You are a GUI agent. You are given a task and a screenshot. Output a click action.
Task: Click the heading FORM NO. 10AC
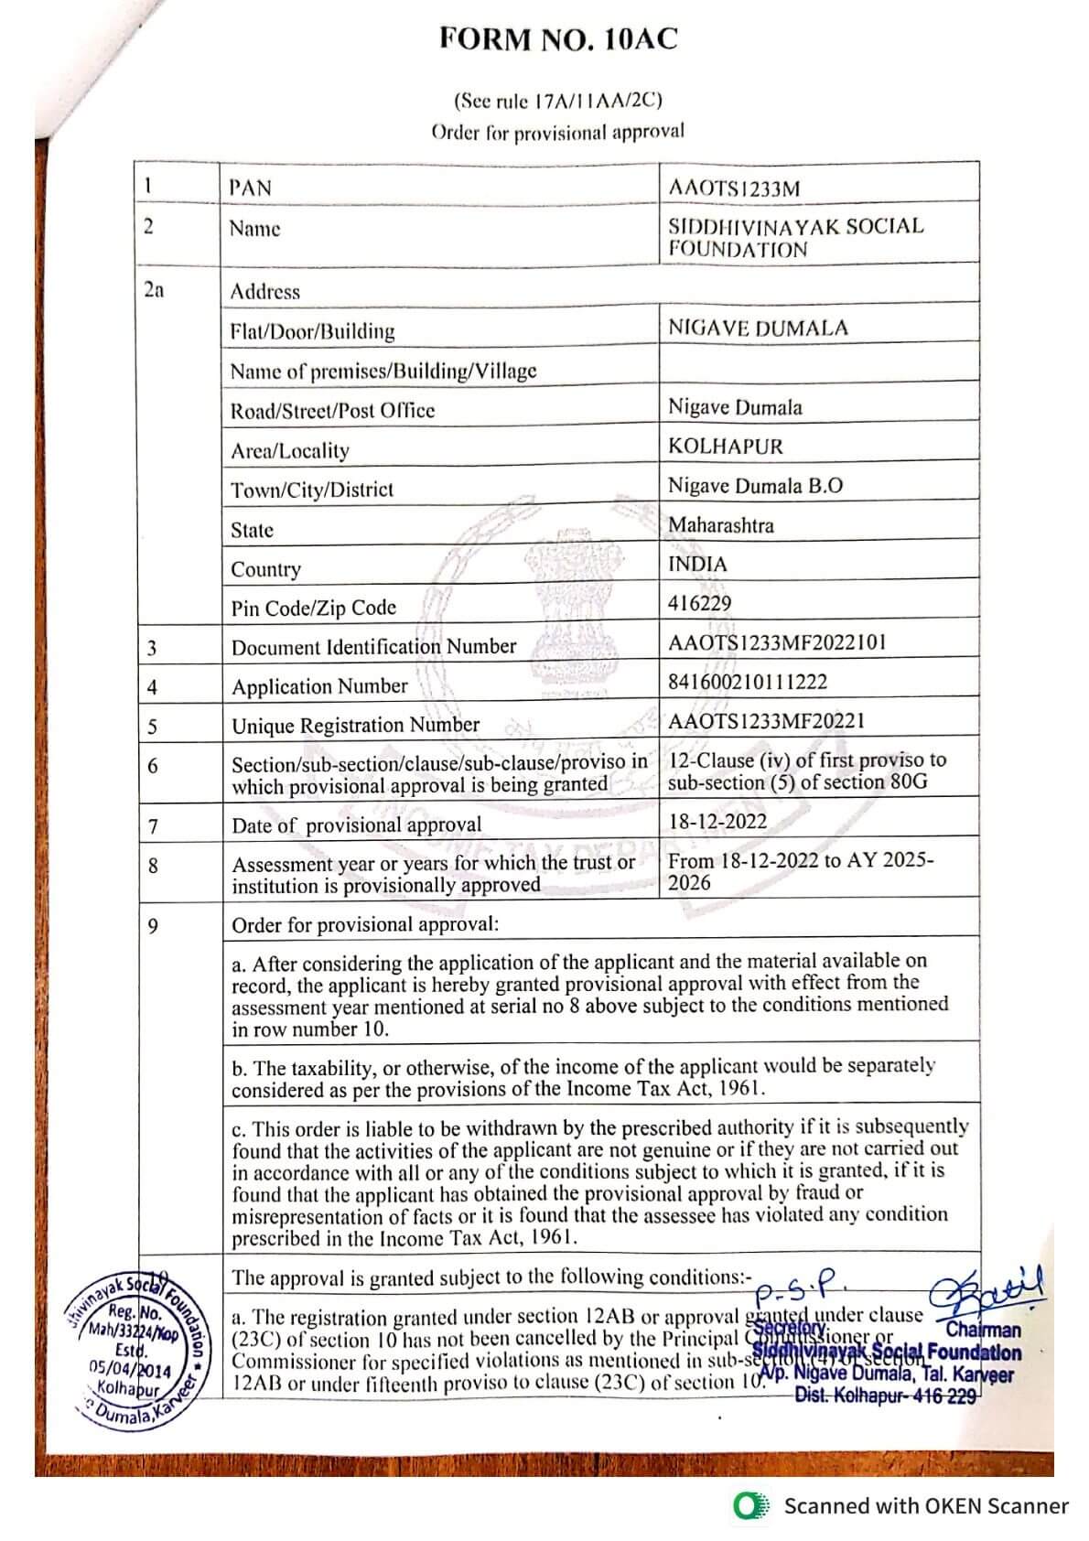pos(558,39)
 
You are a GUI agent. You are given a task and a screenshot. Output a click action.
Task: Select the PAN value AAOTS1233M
pos(734,189)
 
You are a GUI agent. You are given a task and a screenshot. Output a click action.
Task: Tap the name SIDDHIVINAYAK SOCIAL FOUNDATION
pos(795,237)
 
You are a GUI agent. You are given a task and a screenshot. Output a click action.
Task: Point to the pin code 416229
pos(699,603)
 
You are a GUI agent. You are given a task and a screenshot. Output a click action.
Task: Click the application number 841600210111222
pos(748,682)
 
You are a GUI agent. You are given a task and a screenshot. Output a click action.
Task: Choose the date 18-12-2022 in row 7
pos(717,821)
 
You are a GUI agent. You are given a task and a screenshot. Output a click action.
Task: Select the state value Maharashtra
pos(721,525)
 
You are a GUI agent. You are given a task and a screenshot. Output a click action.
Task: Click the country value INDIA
pos(697,564)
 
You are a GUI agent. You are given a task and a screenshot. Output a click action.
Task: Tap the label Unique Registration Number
pos(355,726)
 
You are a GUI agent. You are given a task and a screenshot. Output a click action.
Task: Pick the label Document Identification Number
pos(373,647)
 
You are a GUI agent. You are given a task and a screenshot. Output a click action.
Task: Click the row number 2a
pos(154,290)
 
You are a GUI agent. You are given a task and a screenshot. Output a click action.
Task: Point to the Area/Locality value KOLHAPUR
pos(726,447)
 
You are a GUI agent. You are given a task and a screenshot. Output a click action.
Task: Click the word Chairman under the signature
pos(983,1331)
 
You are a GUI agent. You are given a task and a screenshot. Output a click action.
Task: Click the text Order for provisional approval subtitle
pos(557,132)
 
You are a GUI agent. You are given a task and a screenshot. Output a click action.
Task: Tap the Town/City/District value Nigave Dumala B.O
pos(755,486)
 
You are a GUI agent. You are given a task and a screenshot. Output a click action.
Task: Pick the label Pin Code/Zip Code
pos(313,609)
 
